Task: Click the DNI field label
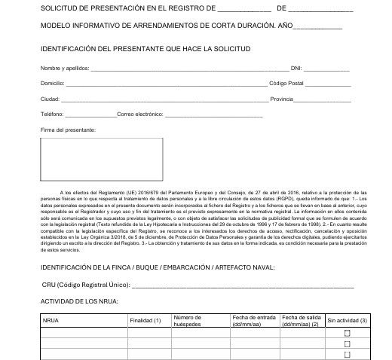(x=296, y=68)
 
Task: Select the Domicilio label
(x=53, y=83)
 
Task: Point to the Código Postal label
(x=287, y=83)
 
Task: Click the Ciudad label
(x=50, y=99)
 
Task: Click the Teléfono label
(x=52, y=114)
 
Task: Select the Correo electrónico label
(x=139, y=114)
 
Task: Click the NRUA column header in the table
(x=51, y=321)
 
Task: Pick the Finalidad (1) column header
(x=145, y=321)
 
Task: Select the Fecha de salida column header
(x=300, y=321)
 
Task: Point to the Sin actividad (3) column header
(x=347, y=321)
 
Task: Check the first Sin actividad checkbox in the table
(x=348, y=333)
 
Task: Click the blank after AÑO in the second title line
(x=317, y=26)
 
